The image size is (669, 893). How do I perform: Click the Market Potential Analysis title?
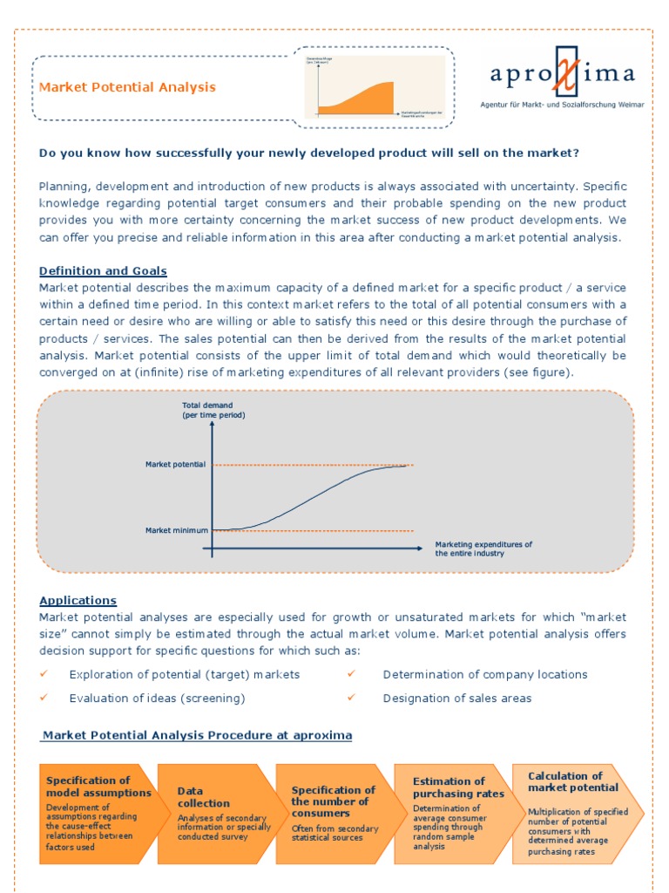pos(127,87)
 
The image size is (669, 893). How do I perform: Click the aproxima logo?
pos(562,75)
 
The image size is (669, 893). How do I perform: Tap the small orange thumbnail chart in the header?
pos(374,86)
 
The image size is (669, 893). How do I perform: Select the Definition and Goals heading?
pos(103,271)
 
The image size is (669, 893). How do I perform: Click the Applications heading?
pos(78,601)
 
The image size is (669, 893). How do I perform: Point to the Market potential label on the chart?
pos(175,465)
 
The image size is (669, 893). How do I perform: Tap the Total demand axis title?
pos(213,410)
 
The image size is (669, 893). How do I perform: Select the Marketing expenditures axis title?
pos(483,549)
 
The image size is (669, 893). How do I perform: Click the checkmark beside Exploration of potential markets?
pos(45,674)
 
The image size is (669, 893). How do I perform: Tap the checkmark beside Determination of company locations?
pos(352,674)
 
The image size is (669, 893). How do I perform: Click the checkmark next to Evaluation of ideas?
pos(45,699)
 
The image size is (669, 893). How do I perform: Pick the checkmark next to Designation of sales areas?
pos(352,699)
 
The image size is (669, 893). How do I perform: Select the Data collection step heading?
pos(204,797)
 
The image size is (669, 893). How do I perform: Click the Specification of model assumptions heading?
pos(98,787)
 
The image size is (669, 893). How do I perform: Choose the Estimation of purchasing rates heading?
pos(458,787)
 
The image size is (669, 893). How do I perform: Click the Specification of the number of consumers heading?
pos(333,801)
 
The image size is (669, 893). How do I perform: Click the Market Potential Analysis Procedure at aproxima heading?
pos(197,735)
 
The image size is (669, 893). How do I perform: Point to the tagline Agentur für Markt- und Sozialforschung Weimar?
pos(563,105)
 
